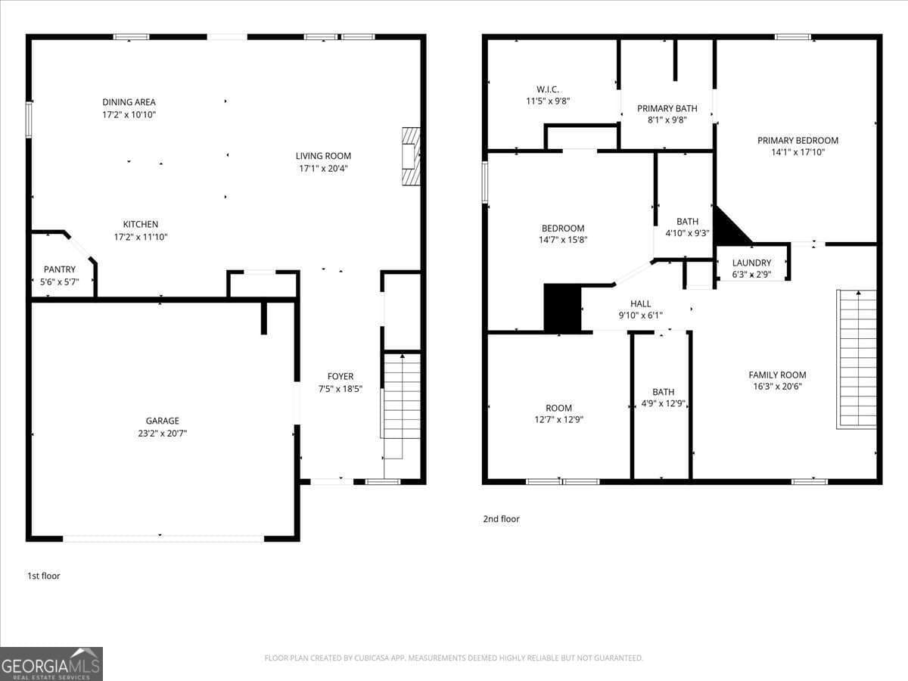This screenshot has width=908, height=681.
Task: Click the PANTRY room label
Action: (x=59, y=269)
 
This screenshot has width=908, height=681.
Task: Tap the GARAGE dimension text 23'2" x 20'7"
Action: (x=163, y=434)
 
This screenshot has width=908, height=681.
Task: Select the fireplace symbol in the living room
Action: (x=409, y=157)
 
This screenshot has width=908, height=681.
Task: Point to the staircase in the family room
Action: (x=857, y=359)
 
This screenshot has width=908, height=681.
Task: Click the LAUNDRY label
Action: (x=751, y=263)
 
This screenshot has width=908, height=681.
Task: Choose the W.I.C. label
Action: (x=548, y=89)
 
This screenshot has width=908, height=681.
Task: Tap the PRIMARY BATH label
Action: (x=667, y=108)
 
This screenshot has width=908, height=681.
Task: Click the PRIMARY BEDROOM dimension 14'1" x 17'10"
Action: (x=798, y=152)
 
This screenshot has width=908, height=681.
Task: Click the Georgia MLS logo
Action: (x=51, y=664)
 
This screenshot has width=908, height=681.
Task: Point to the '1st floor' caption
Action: (x=44, y=576)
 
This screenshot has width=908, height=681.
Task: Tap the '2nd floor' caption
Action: (x=501, y=519)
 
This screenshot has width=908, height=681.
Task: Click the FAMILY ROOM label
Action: (x=777, y=375)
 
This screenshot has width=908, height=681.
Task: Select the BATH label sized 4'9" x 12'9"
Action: (x=663, y=392)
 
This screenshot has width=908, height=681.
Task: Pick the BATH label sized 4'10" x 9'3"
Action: (x=687, y=222)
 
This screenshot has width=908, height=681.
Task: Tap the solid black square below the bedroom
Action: (x=561, y=308)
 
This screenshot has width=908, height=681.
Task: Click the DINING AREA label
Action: (x=129, y=102)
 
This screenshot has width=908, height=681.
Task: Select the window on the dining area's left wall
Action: (x=29, y=120)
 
